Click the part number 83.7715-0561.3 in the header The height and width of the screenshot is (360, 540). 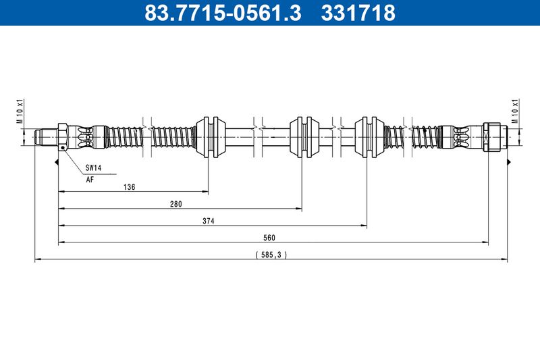click(223, 12)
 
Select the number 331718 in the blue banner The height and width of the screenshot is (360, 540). click(358, 12)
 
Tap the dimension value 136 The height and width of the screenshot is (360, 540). click(129, 187)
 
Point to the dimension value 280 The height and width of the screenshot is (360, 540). click(175, 204)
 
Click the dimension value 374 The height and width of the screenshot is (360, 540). click(209, 221)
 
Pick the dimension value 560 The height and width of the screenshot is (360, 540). click(269, 238)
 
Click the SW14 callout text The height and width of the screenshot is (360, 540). click(93, 168)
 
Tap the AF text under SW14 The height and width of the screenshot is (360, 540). click(90, 180)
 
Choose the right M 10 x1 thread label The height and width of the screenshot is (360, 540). click(515, 111)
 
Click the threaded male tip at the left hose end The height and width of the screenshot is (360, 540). click(46, 137)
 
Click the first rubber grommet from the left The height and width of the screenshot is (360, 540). click(211, 137)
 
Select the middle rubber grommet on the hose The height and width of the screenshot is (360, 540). click(304, 137)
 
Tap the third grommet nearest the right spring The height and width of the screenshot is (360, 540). click(369, 137)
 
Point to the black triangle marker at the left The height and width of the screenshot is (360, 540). click(57, 161)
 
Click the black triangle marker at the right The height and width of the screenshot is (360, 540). click(508, 161)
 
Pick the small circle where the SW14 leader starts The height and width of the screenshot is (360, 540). click(62, 148)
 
